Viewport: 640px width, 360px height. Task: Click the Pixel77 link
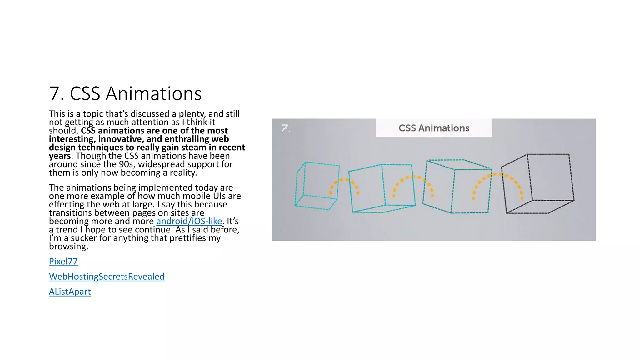point(63,261)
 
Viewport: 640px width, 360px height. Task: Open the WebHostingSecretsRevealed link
point(107,277)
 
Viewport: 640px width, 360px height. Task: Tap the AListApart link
point(70,292)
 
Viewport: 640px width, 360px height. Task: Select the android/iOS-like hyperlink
point(189,221)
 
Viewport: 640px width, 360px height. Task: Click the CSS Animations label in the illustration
point(434,128)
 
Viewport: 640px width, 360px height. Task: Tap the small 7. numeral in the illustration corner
point(285,128)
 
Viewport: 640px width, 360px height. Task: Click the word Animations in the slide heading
point(154,93)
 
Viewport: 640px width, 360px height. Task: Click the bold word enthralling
point(187,139)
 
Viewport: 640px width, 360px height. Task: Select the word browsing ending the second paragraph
point(68,247)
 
